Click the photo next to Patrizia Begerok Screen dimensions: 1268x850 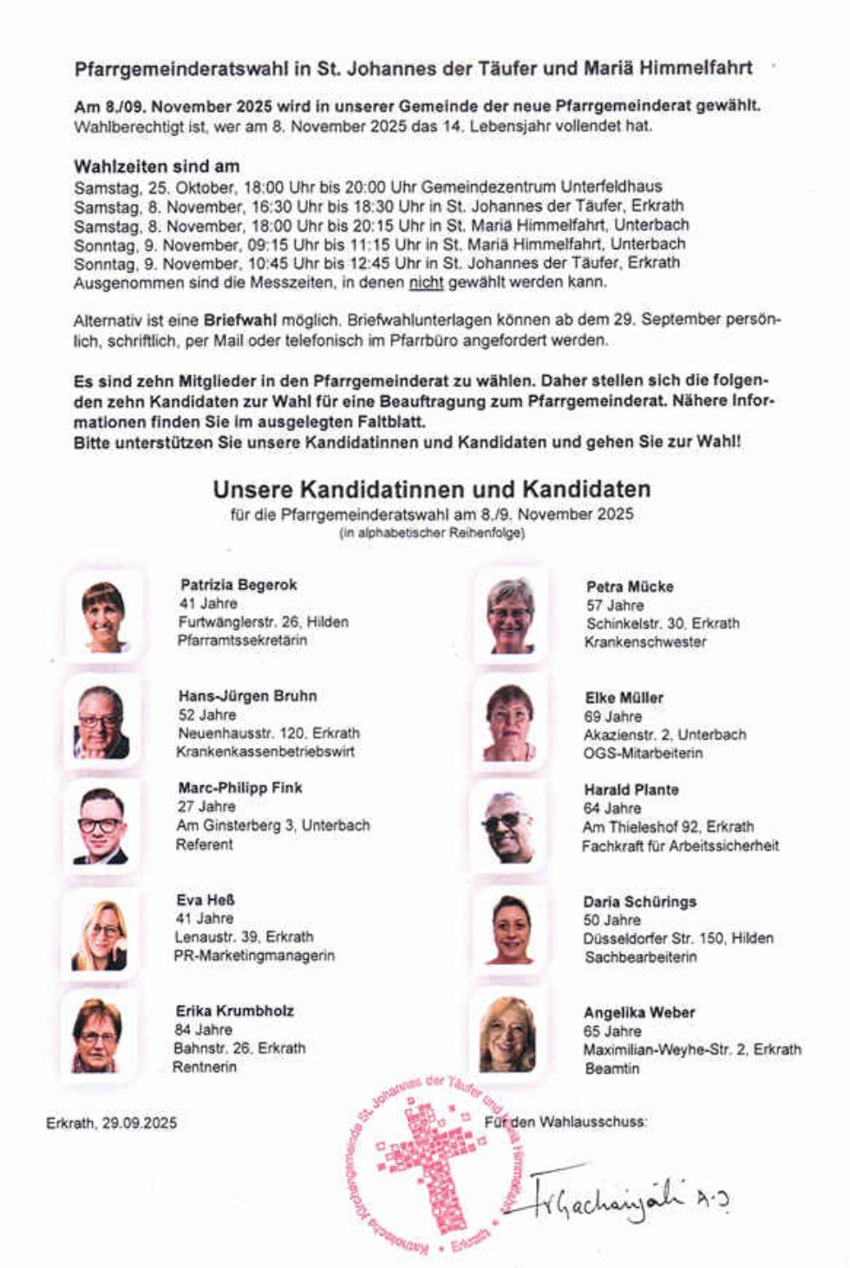103,616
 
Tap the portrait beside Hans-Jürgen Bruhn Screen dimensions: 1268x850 101,722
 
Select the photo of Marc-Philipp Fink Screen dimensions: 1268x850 101,825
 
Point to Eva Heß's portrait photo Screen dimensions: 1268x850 100,936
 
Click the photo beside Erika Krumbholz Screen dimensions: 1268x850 97,1035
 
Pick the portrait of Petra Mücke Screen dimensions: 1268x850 510,615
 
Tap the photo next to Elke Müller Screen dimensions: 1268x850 510,723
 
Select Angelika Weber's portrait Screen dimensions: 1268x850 507,1035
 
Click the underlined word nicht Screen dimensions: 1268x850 426,282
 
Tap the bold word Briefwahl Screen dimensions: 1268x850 239,319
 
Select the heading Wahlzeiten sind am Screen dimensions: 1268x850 157,166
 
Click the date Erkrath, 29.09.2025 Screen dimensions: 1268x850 111,1122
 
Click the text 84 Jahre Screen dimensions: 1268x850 203,1029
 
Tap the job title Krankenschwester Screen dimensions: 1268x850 645,642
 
